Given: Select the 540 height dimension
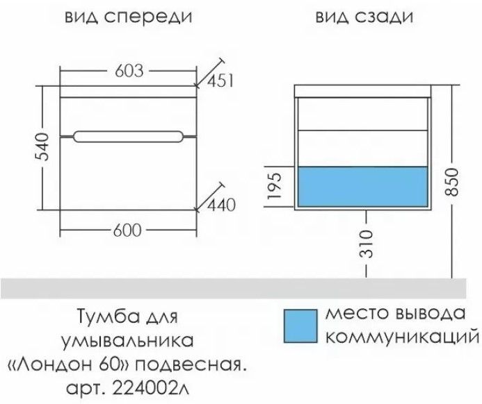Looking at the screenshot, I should [43, 146].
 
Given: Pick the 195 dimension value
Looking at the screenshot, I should [275, 187].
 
